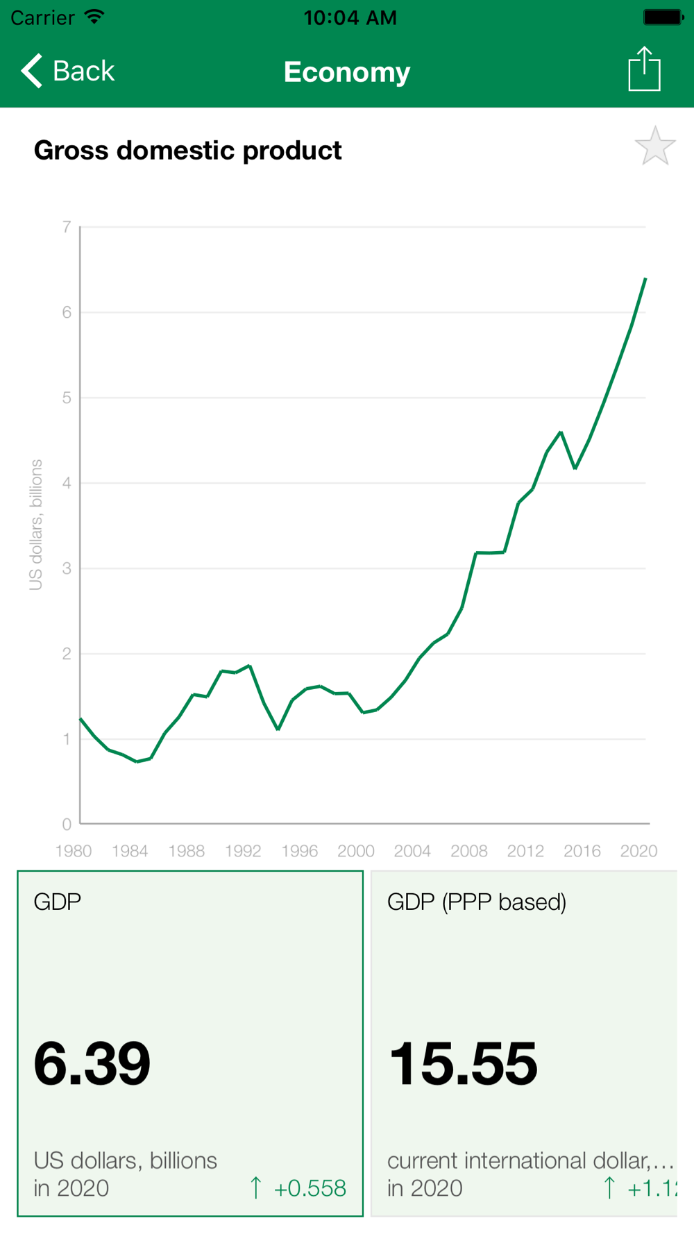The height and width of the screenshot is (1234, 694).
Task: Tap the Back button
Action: pos(68,71)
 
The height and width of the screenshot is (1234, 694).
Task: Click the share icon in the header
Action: pos(644,69)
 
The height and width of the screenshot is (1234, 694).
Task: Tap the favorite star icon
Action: pos(654,146)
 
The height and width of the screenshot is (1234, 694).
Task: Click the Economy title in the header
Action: pos(347,72)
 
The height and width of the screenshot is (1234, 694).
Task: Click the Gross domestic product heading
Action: pos(187,151)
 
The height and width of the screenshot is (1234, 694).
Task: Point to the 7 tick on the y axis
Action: pos(67,227)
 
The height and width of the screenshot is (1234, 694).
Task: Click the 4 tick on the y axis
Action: pos(67,483)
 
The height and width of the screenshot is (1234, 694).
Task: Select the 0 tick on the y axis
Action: pos(67,825)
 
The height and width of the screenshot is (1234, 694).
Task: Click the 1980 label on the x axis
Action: pos(74,851)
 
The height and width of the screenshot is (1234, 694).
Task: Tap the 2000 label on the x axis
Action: pos(356,851)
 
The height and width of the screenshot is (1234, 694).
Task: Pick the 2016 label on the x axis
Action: pos(582,851)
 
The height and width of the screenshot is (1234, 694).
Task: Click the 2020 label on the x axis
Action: pos(638,851)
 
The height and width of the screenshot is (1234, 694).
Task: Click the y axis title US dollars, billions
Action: pos(36,525)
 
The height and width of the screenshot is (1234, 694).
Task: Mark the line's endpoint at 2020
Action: pos(645,279)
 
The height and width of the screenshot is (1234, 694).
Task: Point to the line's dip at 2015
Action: pos(575,468)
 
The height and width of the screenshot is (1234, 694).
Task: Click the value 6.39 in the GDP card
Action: pos(92,1063)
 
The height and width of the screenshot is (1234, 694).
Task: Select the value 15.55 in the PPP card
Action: pos(464,1063)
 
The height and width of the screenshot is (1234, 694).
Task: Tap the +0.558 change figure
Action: pos(310,1188)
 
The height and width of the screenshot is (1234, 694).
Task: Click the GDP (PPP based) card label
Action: pos(477,902)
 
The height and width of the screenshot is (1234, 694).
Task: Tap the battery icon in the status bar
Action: pos(663,17)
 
